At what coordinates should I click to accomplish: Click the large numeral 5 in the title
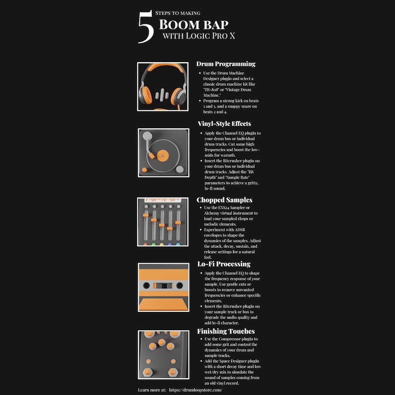[145, 27]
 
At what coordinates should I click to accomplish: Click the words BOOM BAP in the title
[194, 24]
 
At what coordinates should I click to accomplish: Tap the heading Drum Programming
[226, 64]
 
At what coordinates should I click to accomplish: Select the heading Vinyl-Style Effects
[224, 123]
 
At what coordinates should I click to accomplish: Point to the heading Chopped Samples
[224, 200]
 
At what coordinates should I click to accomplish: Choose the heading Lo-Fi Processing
[223, 264]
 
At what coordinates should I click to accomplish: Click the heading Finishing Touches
[226, 331]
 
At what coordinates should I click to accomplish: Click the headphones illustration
[163, 86]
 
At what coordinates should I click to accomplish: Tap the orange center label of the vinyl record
[161, 156]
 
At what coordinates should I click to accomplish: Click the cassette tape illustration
[163, 287]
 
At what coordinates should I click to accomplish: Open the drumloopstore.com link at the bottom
[202, 390]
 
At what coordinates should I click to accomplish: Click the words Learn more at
[152, 390]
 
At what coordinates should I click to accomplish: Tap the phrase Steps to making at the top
[178, 13]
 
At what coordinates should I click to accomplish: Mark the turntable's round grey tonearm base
[146, 136]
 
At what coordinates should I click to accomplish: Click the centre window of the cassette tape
[163, 286]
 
